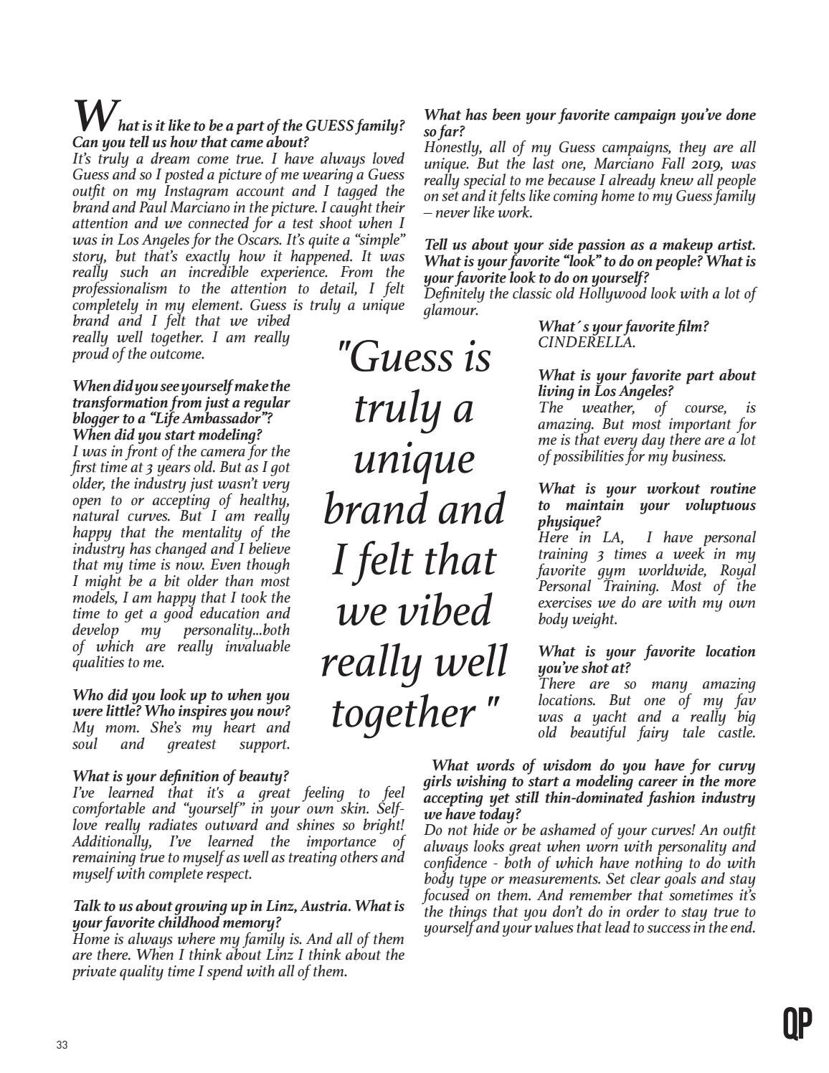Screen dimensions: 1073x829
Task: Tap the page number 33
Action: pos(61,1045)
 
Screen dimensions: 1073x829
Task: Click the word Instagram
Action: pos(199,191)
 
